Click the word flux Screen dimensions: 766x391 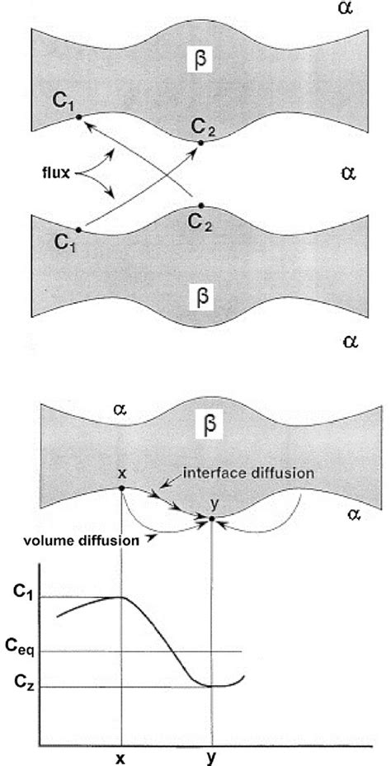[59, 174]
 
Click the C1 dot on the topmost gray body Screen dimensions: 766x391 [78, 117]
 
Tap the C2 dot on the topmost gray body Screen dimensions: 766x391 [200, 143]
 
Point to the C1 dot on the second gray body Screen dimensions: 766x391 [78, 229]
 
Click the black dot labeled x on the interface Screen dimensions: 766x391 [122, 488]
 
